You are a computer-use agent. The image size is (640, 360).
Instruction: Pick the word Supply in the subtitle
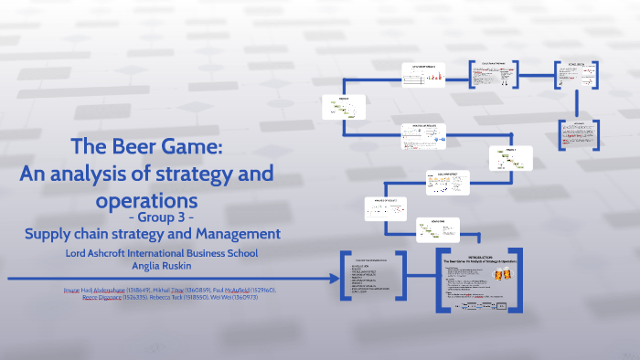click(x=49, y=234)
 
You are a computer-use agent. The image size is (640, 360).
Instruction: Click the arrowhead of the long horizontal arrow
click(x=328, y=278)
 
